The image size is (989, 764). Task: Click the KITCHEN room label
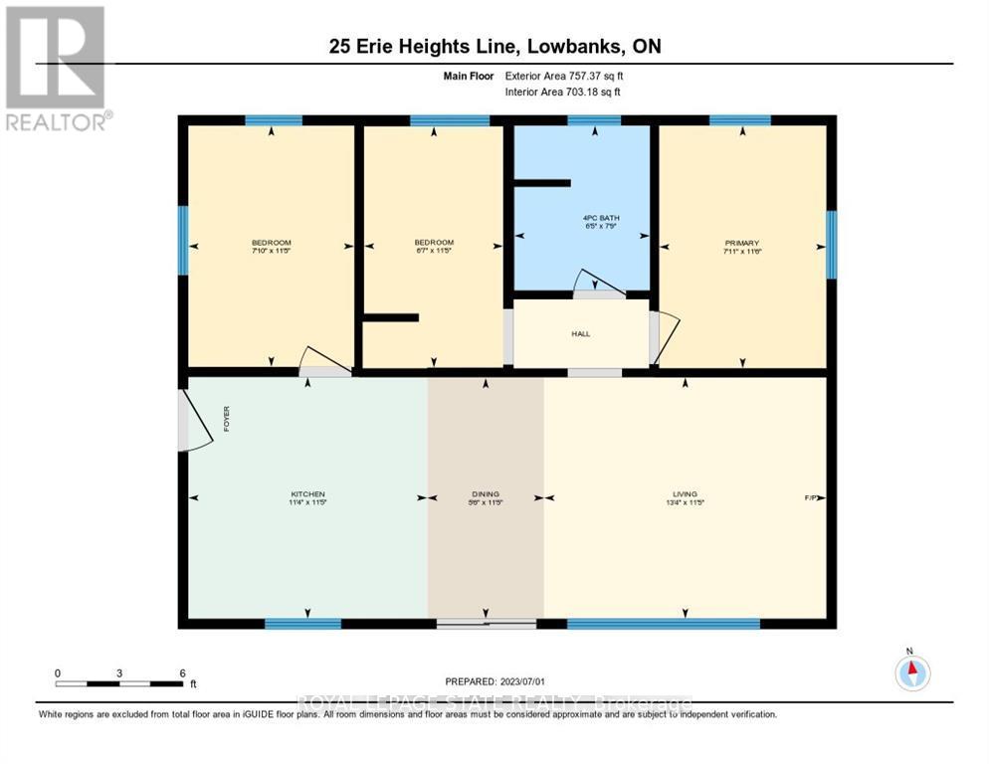pyautogui.click(x=307, y=494)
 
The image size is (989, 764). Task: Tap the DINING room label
pyautogui.click(x=486, y=494)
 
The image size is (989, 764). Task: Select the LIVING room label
pyautogui.click(x=685, y=494)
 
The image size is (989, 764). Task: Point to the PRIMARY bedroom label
pyautogui.click(x=741, y=243)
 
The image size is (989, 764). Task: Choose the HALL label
pyautogui.click(x=581, y=333)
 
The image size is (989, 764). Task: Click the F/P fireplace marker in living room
pyautogui.click(x=811, y=496)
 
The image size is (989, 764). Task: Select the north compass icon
pyautogui.click(x=912, y=672)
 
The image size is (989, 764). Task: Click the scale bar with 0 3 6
pyautogui.click(x=120, y=683)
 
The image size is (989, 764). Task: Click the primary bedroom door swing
pyautogui.click(x=666, y=335)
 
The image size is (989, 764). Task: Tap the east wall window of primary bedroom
pyautogui.click(x=831, y=245)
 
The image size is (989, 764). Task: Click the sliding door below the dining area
pyautogui.click(x=487, y=624)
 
